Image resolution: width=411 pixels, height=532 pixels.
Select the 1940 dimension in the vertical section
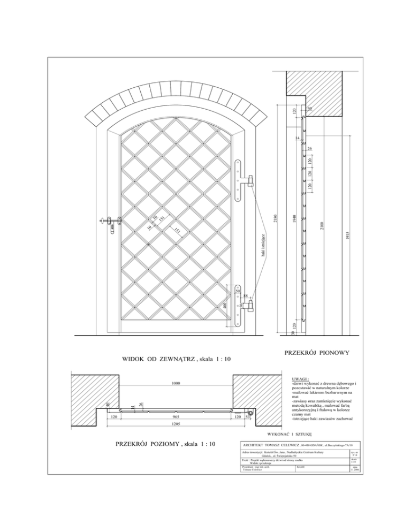click(293, 219)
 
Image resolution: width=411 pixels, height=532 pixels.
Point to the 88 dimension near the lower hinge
click(243, 295)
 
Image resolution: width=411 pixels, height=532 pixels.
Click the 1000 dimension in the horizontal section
click(175, 383)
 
